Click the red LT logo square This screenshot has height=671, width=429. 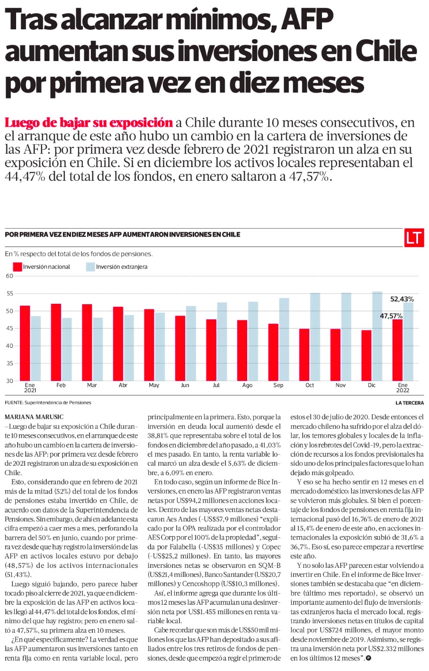point(413,238)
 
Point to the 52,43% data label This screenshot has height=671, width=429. point(402,299)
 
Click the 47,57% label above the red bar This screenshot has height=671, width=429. point(391,316)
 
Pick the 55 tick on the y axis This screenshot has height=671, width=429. point(9,293)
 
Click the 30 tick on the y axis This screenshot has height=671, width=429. point(9,380)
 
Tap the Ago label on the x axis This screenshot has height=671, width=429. point(247,385)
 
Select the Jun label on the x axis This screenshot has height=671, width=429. point(185,385)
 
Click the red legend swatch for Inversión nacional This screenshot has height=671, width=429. point(18,267)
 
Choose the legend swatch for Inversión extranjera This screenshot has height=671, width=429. point(90,267)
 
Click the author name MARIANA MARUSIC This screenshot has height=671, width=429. point(34,417)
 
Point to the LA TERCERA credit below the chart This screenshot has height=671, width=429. point(410,403)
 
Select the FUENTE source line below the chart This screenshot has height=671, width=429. point(48,403)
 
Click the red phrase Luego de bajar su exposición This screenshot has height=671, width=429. point(89,123)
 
